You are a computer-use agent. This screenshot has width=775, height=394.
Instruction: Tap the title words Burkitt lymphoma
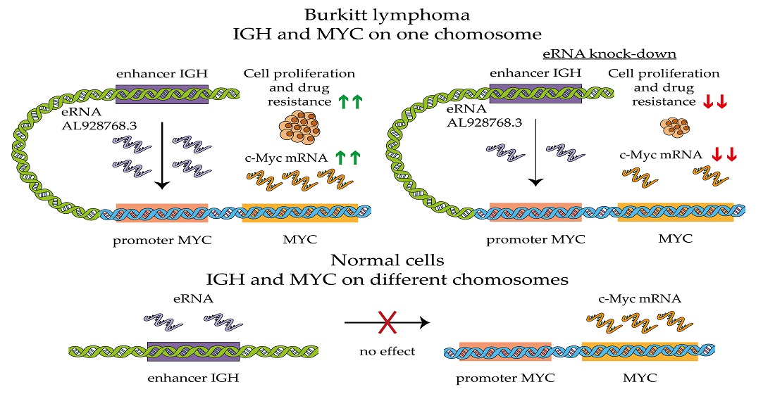point(386,14)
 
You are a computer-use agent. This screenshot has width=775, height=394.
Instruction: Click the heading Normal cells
point(386,260)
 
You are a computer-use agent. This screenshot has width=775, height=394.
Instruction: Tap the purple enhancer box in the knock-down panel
point(535,94)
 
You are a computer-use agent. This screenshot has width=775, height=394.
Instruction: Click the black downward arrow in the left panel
point(162,155)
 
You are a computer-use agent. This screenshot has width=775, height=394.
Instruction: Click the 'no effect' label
point(386,350)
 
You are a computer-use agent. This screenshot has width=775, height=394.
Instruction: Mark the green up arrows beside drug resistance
point(352,102)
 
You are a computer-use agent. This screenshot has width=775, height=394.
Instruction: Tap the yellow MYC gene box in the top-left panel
point(299,212)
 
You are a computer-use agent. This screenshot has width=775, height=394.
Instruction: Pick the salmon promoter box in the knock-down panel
point(535,212)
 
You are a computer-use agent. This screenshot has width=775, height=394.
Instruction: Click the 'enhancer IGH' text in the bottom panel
point(193,378)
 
